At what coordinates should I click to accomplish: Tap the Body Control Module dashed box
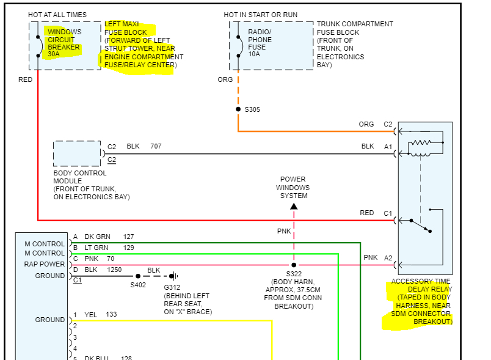point(77,153)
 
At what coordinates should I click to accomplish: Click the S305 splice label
point(252,109)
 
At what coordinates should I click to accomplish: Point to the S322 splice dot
point(294,265)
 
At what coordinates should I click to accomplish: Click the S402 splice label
point(139,285)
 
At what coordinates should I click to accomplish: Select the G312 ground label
point(172,287)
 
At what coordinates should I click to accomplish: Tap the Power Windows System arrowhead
point(294,207)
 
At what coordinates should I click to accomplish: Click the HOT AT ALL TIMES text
point(57,15)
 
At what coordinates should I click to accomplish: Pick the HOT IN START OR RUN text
point(261,15)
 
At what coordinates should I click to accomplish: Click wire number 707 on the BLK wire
point(156,147)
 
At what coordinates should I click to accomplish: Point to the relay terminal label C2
point(388,124)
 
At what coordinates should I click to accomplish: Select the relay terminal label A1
point(388,147)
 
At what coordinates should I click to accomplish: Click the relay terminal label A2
point(388,258)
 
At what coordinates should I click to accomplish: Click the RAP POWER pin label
point(45,265)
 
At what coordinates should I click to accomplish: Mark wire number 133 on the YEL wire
point(111,315)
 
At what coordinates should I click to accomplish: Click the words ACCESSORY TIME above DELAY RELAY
point(422,282)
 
